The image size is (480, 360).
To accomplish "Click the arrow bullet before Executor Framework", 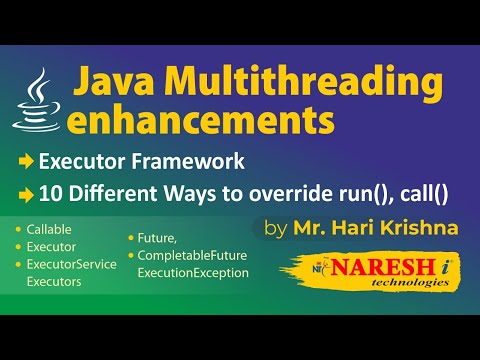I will click(27, 162).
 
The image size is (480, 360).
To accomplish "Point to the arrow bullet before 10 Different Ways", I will click(27, 191).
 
